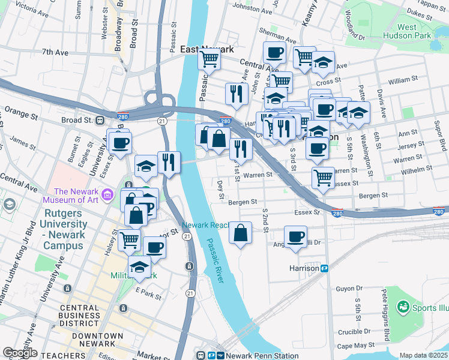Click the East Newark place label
point(207,49)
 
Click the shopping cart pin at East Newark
point(209,59)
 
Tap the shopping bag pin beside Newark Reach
point(240,233)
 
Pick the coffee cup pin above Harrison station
point(295,236)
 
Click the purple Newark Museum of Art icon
point(107,194)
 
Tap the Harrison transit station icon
point(325,268)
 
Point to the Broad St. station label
point(76,120)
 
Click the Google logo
point(19,353)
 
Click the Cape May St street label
point(356,345)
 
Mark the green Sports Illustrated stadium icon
point(402,308)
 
